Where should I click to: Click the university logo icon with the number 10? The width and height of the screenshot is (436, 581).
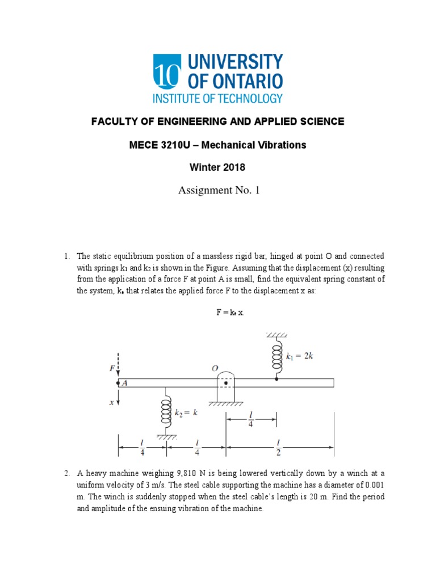coord(166,71)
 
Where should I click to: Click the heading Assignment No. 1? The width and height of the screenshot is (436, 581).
coord(218,190)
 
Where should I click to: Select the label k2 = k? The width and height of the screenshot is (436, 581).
coord(186,412)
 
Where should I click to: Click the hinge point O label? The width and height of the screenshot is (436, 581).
coord(215,368)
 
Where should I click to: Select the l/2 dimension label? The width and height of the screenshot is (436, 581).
coord(279,447)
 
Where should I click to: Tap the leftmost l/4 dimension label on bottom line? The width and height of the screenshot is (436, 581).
coord(142,447)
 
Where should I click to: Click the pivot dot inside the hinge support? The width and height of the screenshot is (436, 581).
coord(226,383)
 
